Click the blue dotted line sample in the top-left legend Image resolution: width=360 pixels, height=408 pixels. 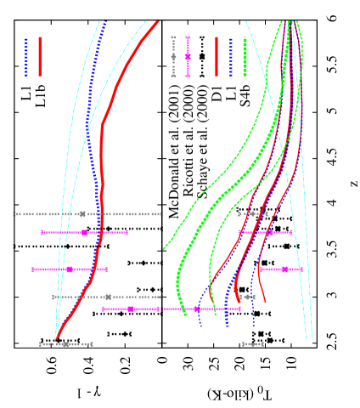(26, 57)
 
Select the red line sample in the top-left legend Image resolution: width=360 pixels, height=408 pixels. (40, 57)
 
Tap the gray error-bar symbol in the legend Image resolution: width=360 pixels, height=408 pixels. (173, 57)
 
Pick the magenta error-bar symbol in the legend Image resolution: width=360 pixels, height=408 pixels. (188, 57)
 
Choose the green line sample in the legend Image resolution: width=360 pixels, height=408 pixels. (245, 57)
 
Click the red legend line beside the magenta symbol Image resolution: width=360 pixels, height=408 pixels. (217, 57)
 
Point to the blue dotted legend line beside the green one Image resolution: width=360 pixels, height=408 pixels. (230, 57)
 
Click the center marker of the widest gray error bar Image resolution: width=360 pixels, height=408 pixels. (82, 214)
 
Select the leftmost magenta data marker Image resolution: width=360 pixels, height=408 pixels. (70, 269)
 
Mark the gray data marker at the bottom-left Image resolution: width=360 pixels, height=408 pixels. (65, 344)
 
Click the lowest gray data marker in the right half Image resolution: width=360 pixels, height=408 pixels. (252, 344)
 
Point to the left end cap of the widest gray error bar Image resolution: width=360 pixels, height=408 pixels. (14, 214)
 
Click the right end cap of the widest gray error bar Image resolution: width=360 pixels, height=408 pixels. (161, 214)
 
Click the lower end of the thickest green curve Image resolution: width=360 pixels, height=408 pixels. (183, 313)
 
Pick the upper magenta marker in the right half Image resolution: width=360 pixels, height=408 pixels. (270, 232)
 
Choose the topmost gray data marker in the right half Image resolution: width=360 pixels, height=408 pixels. (251, 214)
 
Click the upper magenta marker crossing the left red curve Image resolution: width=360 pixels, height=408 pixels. (84, 232)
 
